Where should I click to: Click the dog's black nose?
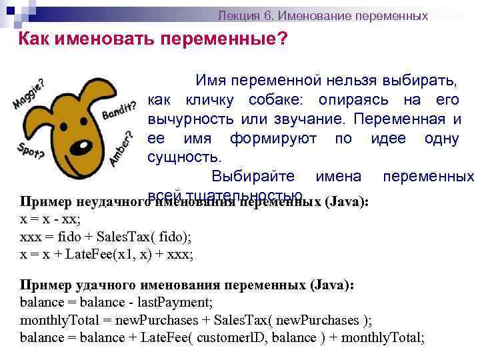coord(81,143)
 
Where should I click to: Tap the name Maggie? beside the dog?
coord(29,95)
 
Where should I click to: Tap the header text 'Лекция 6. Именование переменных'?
coord(323,15)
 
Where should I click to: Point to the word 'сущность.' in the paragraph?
coord(183,157)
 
